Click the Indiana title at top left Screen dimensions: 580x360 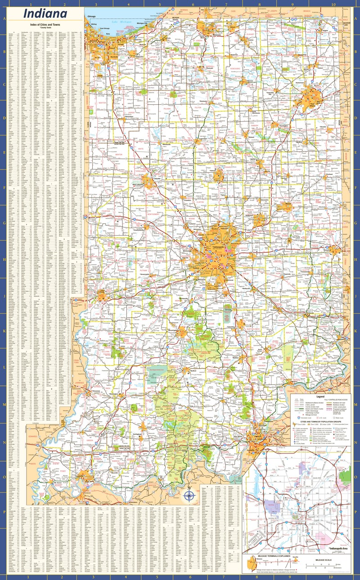[45, 14]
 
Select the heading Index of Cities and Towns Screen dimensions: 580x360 [45, 25]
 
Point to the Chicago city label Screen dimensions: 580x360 [92, 16]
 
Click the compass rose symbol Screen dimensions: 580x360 [190, 496]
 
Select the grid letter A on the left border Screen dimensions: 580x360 [4, 19]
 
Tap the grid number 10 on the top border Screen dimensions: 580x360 [333, 4]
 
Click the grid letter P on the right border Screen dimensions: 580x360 [355, 511]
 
